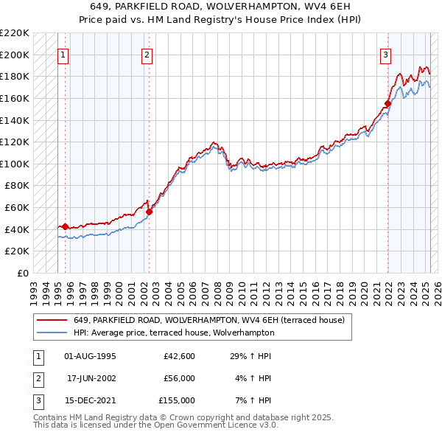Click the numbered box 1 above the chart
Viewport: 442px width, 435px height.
(63, 54)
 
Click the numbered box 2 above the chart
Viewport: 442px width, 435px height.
(147, 54)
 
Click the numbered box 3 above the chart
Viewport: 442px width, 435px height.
(385, 54)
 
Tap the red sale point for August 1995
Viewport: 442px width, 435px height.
(65, 227)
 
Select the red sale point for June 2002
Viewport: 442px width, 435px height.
(149, 212)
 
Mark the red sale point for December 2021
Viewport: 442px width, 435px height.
(387, 103)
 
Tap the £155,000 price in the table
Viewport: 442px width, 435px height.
(177, 400)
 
